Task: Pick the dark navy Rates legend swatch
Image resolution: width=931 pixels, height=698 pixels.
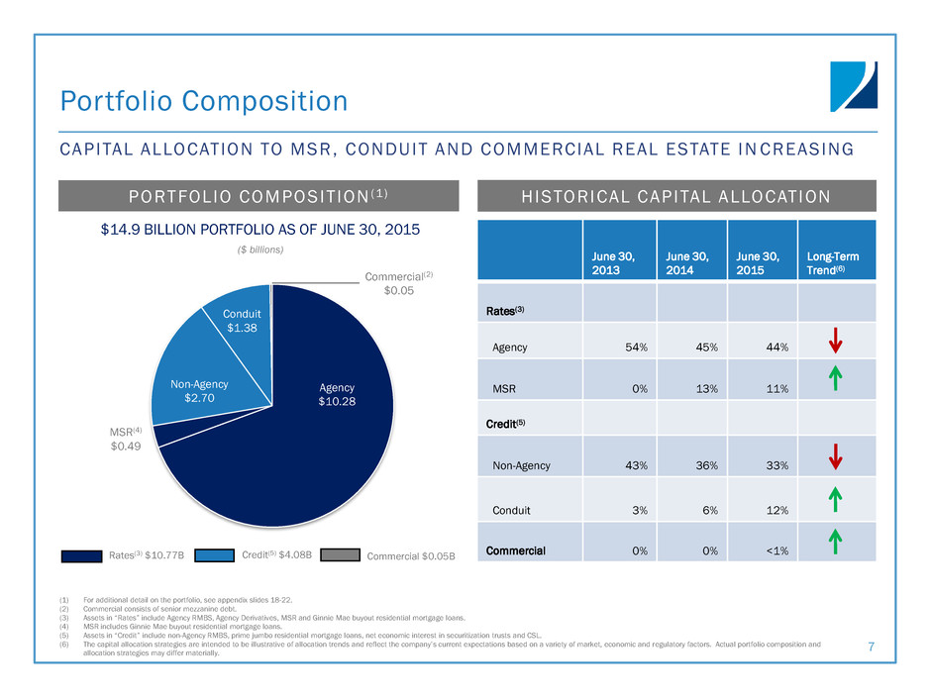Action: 84,556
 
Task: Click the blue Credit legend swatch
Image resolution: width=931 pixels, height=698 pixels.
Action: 213,556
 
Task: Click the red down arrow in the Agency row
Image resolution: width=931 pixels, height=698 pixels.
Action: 836,341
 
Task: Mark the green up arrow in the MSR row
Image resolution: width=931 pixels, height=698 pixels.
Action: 836,378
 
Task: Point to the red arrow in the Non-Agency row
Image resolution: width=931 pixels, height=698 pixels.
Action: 836,455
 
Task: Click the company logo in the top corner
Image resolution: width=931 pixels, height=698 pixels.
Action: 853,86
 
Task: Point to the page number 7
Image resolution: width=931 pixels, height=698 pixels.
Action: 869,647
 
